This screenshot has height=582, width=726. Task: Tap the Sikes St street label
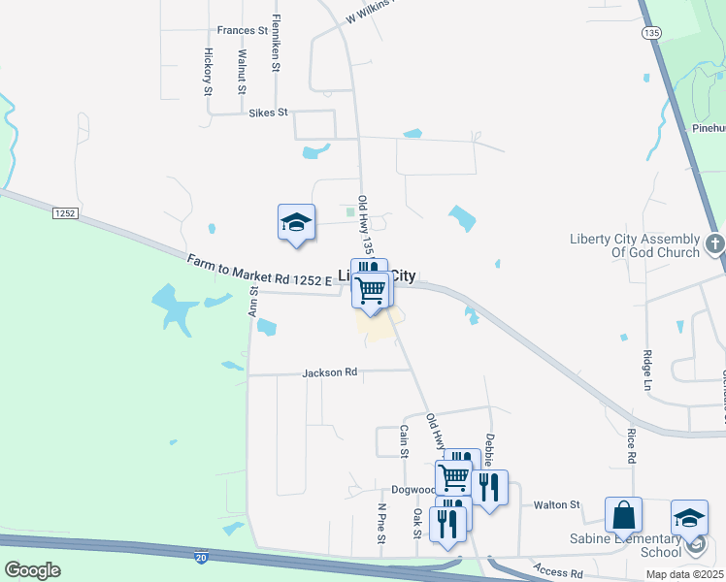coord(269,113)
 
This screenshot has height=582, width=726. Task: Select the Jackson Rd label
coord(330,372)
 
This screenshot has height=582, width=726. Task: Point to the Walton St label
coord(556,504)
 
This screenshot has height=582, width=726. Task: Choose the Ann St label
coord(252,301)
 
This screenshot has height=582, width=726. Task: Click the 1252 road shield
coord(65,212)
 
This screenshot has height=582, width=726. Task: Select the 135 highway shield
coord(651,32)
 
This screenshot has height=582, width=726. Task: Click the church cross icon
coord(714,243)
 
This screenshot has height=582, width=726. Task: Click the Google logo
coord(32,570)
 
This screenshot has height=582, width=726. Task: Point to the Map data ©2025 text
coord(684,574)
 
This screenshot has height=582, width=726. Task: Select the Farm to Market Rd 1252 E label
coord(260,271)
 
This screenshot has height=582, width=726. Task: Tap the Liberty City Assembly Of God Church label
coord(634,245)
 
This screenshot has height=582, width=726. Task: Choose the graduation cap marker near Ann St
coord(296,223)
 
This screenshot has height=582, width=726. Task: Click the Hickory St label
coord(208,72)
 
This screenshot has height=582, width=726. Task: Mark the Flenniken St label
coord(276,44)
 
